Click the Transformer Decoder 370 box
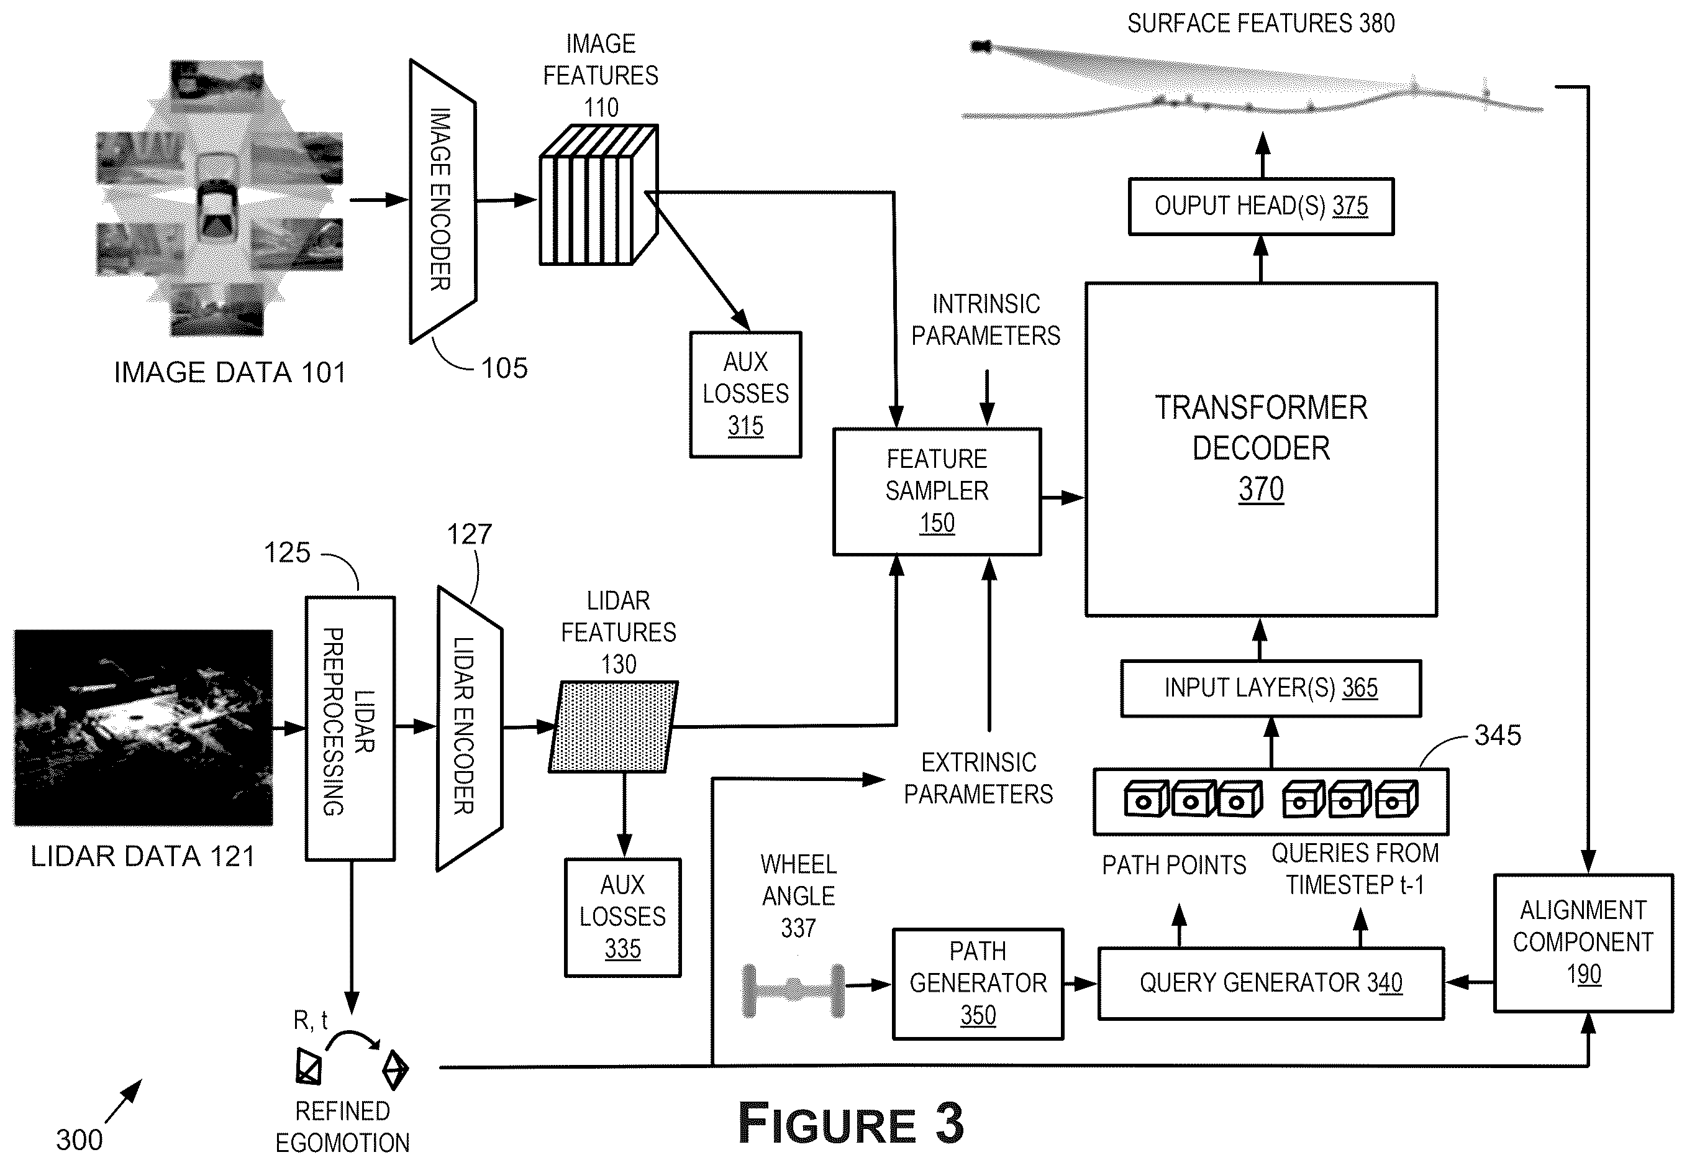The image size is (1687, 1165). coord(1261,450)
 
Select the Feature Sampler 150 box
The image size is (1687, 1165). coord(937,491)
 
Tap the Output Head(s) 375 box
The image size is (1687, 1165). coord(1261,206)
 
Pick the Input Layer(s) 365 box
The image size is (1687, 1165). coord(1271,688)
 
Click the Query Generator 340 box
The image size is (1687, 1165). coord(1271,983)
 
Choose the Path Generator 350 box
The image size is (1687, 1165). coord(978,983)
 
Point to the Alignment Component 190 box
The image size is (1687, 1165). coord(1583,943)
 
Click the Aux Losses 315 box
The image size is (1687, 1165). coord(746,394)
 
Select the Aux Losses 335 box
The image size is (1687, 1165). coord(622,918)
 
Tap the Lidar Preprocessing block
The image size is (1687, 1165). coord(350,728)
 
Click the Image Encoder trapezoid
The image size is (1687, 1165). coord(443,201)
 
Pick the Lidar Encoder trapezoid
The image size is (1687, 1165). coord(469,728)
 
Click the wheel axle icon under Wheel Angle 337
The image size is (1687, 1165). coord(793,990)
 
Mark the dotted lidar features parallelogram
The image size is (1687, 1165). coord(614,727)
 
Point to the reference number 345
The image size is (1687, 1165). coord(1498,735)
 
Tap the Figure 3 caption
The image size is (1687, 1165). coord(851,1123)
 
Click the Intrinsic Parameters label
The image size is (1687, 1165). coord(986,320)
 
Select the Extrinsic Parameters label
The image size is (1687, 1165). coord(978,778)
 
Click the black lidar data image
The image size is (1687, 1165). coord(143,728)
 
